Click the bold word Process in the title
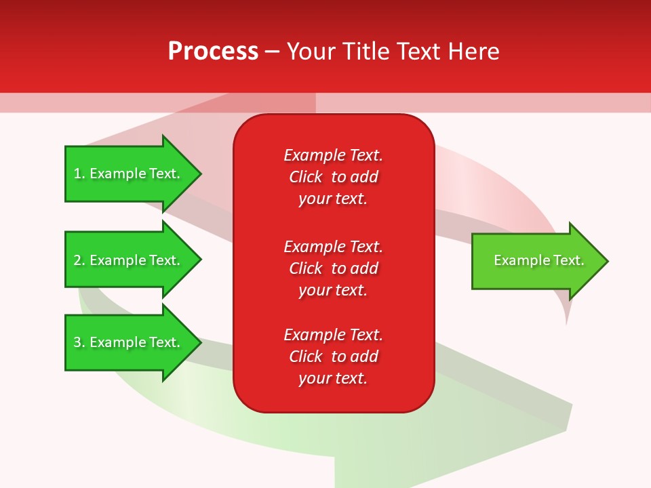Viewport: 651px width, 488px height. click(213, 52)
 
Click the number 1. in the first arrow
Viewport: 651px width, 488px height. click(79, 174)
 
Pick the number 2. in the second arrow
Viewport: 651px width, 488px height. click(79, 260)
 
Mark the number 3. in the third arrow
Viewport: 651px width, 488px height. click(79, 342)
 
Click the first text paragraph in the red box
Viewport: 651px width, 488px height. click(333, 177)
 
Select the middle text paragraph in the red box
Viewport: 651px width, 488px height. click(333, 268)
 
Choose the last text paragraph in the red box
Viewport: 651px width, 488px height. click(333, 357)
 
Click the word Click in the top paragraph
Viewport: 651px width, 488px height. click(306, 177)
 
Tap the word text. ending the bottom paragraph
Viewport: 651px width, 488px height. click(352, 378)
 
